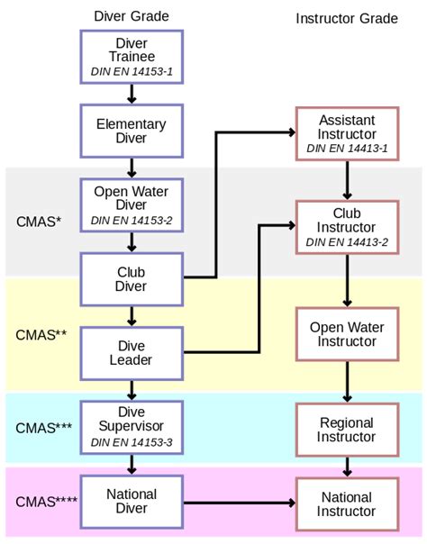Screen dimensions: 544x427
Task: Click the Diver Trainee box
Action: click(132, 55)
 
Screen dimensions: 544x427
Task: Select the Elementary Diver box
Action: click(132, 130)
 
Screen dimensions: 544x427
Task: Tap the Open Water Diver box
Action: click(132, 204)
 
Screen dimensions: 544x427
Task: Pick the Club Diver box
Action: click(132, 278)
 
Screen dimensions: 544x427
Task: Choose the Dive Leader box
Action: click(132, 352)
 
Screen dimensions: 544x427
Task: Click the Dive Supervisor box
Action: click(132, 426)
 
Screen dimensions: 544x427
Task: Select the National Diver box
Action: click(132, 502)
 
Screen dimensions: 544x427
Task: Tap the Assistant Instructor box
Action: click(347, 134)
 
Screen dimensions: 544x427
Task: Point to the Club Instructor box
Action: click(347, 227)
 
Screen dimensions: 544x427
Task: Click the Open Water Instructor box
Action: click(347, 333)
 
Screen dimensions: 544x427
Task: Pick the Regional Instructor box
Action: click(347, 430)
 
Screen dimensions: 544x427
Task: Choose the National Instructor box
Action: click(347, 504)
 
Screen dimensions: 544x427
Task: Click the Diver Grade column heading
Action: click(132, 16)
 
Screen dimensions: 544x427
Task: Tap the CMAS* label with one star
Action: click(39, 222)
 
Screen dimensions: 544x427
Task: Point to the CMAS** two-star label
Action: click(41, 335)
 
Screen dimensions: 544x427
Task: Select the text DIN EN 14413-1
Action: click(347, 149)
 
